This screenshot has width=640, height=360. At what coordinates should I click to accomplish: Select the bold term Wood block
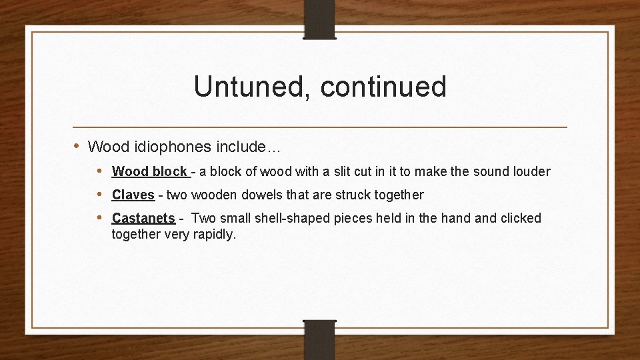[x=149, y=171]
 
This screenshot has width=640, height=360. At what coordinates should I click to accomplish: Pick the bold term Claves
[x=133, y=195]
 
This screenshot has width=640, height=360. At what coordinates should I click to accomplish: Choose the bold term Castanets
[x=143, y=218]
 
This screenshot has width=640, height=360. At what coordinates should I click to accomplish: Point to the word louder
[x=531, y=171]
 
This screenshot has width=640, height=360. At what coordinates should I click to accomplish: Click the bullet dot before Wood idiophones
[x=77, y=145]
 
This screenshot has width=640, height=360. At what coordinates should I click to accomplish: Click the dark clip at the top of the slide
[x=320, y=19]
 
